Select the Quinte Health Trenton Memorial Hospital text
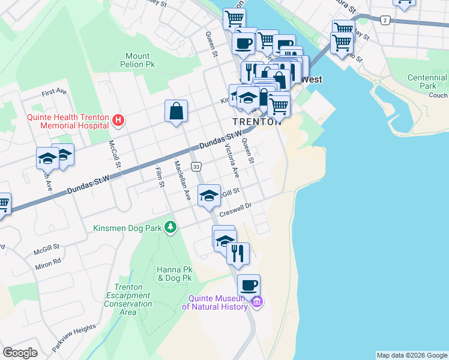68,121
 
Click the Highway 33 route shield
196,166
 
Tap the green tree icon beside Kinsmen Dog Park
172,227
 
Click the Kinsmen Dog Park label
128,227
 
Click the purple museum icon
257,301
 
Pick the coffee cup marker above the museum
249,284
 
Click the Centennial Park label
427,82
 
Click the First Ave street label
54,92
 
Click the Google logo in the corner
20,353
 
